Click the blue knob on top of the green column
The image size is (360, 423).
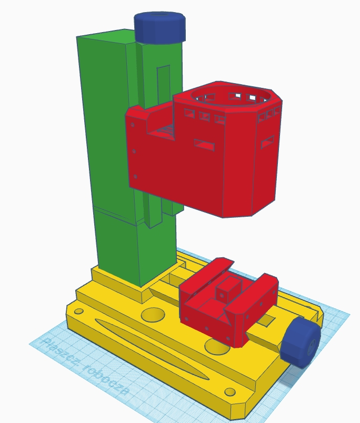tap(160, 27)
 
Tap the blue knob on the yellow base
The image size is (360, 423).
tap(301, 342)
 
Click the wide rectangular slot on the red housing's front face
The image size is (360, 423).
tap(204, 144)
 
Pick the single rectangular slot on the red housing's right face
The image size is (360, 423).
tap(268, 142)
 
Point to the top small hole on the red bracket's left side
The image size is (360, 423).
tap(133, 126)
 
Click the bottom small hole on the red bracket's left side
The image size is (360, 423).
tap(136, 177)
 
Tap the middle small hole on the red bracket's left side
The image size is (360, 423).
tap(134, 152)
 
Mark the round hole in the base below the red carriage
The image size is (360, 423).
tap(216, 346)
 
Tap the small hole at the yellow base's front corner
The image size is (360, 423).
tap(229, 392)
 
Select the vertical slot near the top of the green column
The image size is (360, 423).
tap(164, 84)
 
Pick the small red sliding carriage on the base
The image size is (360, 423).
tap(229, 305)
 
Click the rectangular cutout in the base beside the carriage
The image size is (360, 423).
tap(267, 319)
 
